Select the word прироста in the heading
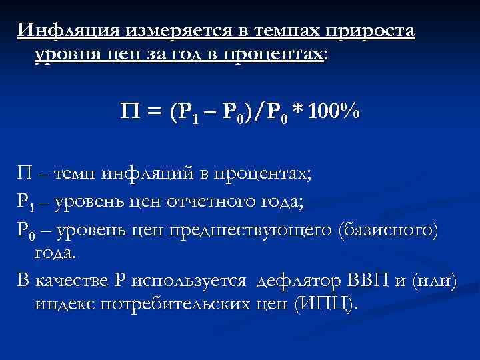point(371,31)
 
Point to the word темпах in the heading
point(283,31)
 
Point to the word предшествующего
point(253,231)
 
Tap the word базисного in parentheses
point(388,231)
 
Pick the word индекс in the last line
point(62,304)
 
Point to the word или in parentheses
point(437,281)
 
